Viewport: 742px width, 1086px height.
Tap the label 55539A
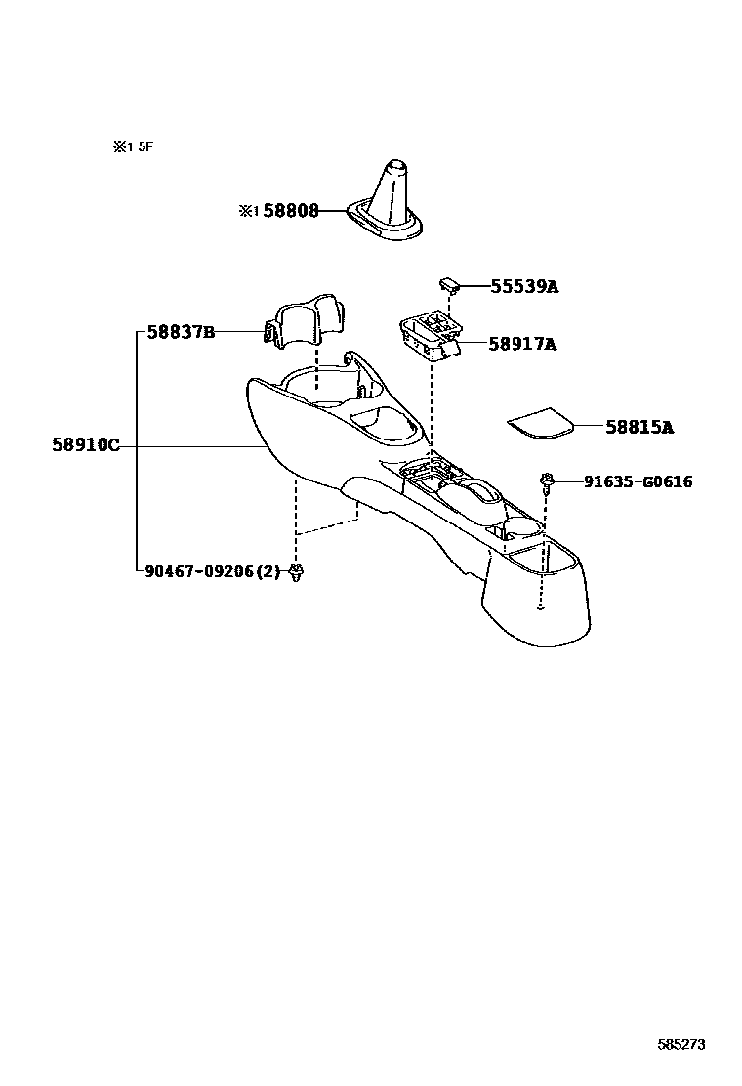(523, 287)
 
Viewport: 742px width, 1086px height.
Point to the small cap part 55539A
(449, 283)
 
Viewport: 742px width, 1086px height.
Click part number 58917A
(522, 344)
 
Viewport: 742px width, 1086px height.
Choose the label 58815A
(639, 427)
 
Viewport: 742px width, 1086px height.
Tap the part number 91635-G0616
(638, 481)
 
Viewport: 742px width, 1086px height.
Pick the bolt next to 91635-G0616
(545, 480)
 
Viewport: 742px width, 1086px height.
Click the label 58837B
(181, 332)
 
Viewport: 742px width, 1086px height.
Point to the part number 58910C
(86, 446)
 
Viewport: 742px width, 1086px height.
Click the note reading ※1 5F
(134, 147)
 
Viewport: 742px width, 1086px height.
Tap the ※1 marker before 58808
(249, 210)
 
